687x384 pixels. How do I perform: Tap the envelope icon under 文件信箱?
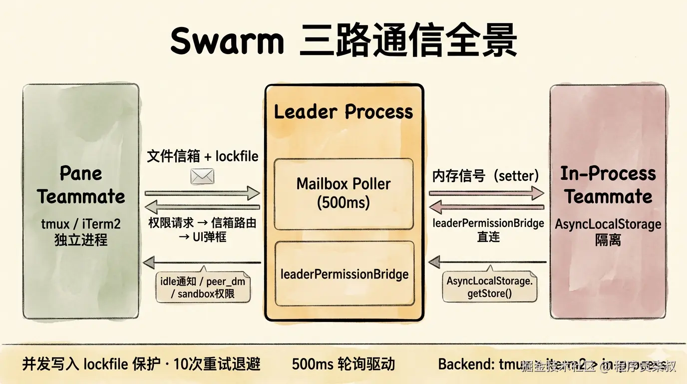coord(202,176)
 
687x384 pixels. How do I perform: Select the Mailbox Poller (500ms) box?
coord(343,193)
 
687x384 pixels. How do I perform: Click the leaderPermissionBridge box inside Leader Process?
coord(344,273)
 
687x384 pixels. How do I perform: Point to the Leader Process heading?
coord(343,111)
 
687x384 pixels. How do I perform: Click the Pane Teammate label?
coord(81,185)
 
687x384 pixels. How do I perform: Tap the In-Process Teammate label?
coord(608,185)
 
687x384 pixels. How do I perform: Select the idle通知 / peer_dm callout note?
coord(202,287)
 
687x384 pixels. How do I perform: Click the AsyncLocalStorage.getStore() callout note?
coord(489,287)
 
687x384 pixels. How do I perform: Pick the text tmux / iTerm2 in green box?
coord(81,224)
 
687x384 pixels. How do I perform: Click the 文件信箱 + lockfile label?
coord(202,156)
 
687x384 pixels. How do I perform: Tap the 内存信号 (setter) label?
coord(485,175)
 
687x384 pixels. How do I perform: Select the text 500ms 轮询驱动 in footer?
coord(343,364)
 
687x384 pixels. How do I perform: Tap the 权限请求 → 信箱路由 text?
coord(202,223)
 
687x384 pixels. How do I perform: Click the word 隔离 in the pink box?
coord(608,240)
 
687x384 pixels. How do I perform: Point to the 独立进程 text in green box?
coord(81,240)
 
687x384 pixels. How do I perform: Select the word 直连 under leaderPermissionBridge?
coord(488,236)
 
